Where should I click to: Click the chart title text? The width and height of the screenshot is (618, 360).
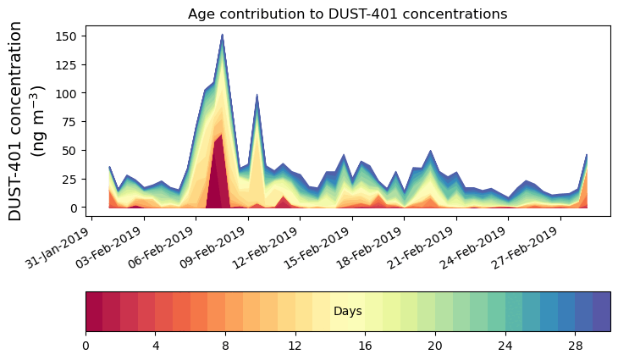[347, 14]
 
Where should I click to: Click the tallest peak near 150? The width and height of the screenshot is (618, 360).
[222, 36]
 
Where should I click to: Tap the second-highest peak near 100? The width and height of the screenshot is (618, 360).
[257, 96]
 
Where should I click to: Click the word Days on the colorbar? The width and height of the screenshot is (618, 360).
[347, 312]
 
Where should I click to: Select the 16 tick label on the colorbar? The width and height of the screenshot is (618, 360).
[365, 346]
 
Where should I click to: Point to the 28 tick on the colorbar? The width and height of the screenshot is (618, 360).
[575, 346]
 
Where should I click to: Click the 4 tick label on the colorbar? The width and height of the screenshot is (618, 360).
[156, 346]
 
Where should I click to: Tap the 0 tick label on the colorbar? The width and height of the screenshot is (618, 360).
[86, 346]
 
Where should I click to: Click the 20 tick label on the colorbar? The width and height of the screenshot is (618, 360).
[435, 346]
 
